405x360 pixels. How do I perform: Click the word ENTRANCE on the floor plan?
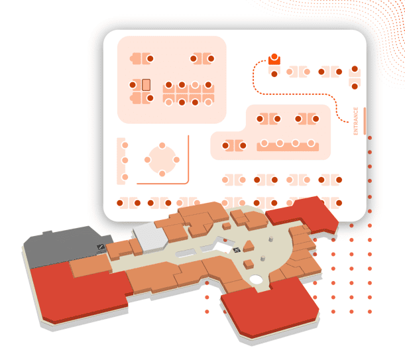point(356,121)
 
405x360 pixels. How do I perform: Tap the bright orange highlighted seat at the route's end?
point(274,60)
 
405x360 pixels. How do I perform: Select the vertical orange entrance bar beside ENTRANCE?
point(365,121)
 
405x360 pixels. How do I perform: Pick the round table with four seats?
point(162,159)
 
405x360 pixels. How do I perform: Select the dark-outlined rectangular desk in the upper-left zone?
point(146,84)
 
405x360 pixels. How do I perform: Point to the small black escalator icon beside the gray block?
point(101,247)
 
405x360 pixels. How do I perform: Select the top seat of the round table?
point(162,145)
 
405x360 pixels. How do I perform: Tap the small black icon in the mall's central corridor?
point(237,250)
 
